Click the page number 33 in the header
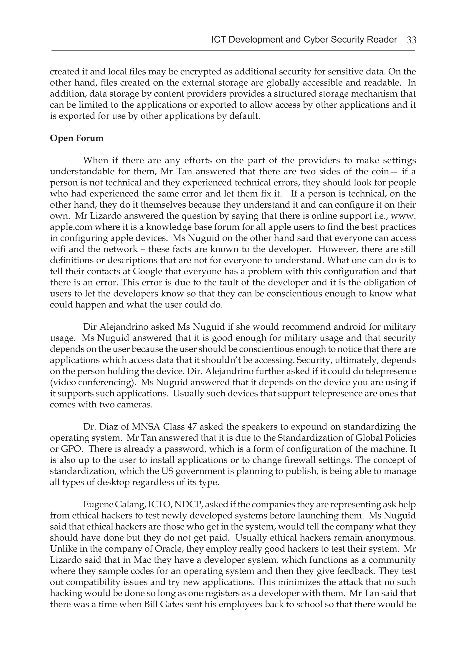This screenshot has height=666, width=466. pyautogui.click(x=411, y=40)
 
